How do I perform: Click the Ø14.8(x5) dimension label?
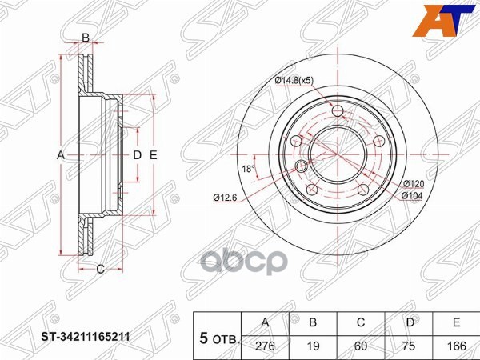coord(294,81)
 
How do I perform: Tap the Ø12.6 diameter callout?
coord(226,198)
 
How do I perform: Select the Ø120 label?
coord(414,184)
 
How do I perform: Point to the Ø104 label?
coord(412,196)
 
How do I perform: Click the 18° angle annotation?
coord(248,168)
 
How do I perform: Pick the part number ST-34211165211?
coord(86,337)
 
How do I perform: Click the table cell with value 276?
coord(265,346)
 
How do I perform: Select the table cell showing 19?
coord(313,346)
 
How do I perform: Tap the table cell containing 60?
coord(361,346)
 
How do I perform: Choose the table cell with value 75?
coord(408,346)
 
